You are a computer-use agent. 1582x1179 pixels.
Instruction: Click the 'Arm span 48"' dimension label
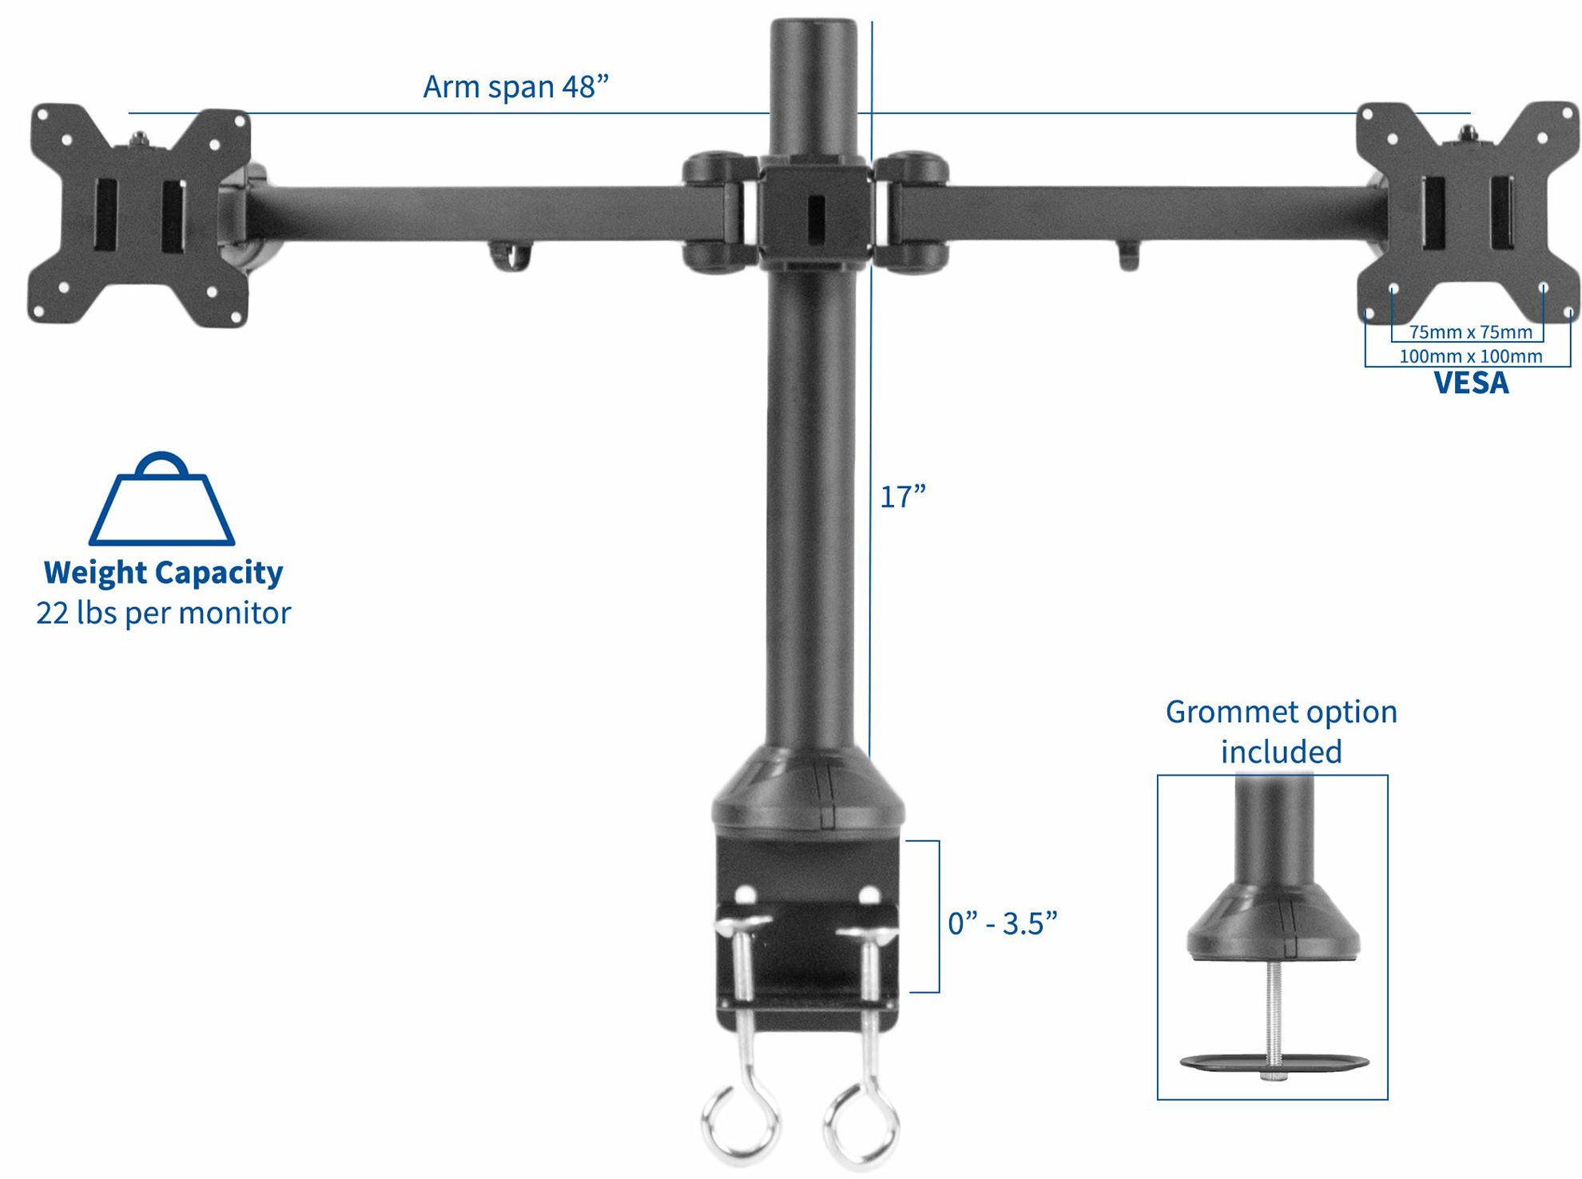pyautogui.click(x=515, y=86)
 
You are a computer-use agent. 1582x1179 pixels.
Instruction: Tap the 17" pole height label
pyautogui.click(x=902, y=497)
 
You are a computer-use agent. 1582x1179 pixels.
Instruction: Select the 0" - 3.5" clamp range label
pyautogui.click(x=1002, y=923)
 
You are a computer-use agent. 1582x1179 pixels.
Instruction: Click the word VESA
pyautogui.click(x=1470, y=383)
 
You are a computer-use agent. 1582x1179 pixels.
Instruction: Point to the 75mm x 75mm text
pyautogui.click(x=1470, y=332)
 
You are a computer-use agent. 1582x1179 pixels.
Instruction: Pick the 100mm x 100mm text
pyautogui.click(x=1470, y=356)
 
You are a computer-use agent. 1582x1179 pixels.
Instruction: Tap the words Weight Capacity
pyautogui.click(x=163, y=573)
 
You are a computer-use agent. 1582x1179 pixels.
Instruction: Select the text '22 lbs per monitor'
pyautogui.click(x=163, y=613)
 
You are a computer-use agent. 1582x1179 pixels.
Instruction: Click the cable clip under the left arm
pyautogui.click(x=510, y=257)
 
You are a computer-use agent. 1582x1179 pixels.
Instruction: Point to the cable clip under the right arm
pyautogui.click(x=1128, y=256)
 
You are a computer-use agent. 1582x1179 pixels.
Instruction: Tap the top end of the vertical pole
pyautogui.click(x=813, y=32)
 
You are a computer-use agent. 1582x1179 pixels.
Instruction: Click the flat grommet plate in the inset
pyautogui.click(x=1274, y=1062)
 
